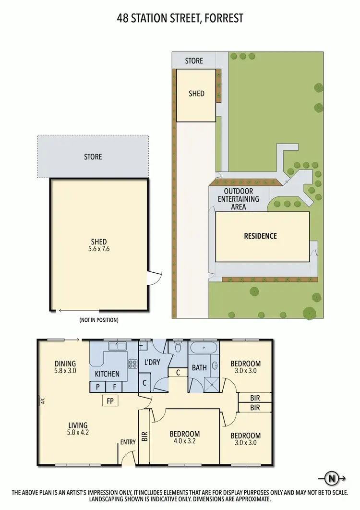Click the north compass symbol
(331, 478)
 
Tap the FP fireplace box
(110, 401)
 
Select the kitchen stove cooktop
(132, 364)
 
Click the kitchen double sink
(117, 346)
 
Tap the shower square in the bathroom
(211, 382)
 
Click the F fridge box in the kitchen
(115, 386)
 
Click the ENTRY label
(128, 442)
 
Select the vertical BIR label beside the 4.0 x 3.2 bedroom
(144, 436)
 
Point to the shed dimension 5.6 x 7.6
(99, 249)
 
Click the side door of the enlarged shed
(154, 277)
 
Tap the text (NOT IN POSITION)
(99, 320)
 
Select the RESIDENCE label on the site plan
(261, 236)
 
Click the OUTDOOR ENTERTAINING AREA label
(239, 199)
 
